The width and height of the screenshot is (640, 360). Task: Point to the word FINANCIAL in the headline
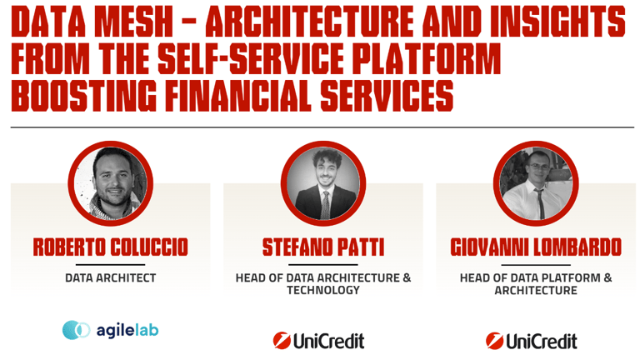238,96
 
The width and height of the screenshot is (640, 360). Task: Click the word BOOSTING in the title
83,96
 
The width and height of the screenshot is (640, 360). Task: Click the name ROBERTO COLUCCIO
111,247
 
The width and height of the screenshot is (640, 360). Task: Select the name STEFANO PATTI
323,247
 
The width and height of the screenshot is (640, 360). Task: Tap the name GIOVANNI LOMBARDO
536,247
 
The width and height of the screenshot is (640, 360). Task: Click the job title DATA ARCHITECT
111,278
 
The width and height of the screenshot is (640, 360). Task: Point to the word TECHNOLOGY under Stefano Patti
323,290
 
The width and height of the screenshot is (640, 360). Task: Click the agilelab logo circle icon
77,330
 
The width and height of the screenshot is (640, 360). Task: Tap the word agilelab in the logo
127,330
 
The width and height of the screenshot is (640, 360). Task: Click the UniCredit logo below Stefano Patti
319,341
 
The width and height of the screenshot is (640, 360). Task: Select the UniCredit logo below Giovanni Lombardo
532,341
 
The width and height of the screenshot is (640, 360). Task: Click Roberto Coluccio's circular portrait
111,183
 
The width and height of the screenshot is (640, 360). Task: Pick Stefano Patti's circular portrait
323,183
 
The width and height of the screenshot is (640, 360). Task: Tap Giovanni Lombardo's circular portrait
536,183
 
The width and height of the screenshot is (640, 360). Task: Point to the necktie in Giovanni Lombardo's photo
540,203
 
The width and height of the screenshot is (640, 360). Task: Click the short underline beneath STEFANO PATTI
323,264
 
